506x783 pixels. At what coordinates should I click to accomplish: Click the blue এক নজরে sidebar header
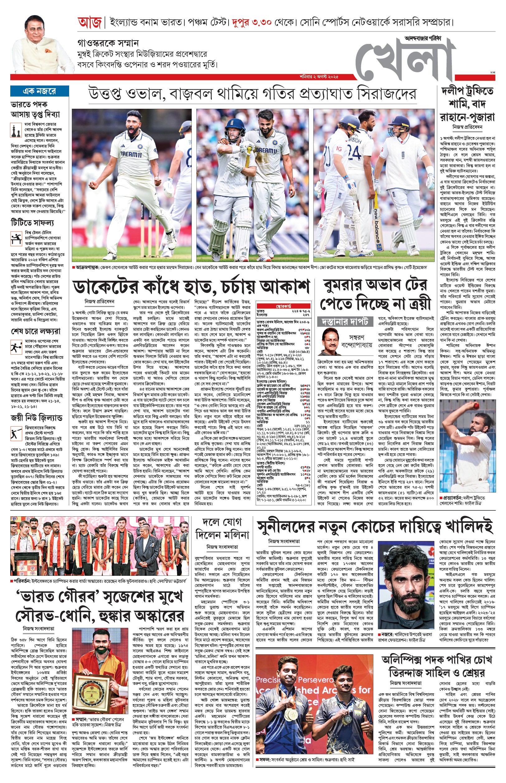[x=40, y=91]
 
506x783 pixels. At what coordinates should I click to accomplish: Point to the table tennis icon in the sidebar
[x=16, y=238]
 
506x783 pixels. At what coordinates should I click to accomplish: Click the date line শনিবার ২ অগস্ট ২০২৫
[x=319, y=77]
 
